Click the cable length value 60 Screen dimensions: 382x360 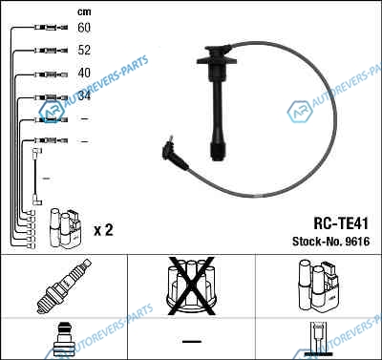(x=84, y=28)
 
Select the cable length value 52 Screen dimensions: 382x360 (x=84, y=50)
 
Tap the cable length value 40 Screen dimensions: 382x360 (x=84, y=73)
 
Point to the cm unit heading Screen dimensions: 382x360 (x=84, y=12)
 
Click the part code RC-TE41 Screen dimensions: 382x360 (x=341, y=223)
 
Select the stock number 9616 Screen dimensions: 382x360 (x=357, y=242)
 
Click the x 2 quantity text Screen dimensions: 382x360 (x=103, y=229)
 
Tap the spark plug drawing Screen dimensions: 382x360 (x=64, y=286)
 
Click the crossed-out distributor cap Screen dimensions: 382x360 (x=191, y=286)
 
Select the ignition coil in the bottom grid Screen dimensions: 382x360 (x=318, y=286)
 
